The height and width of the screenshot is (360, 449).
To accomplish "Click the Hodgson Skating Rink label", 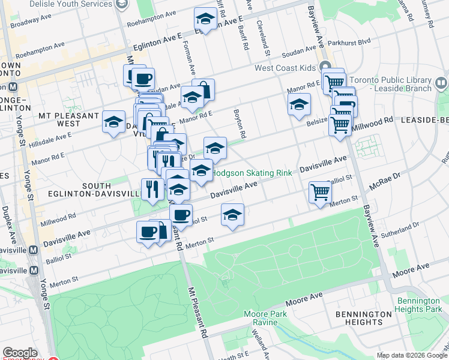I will (x=253, y=173).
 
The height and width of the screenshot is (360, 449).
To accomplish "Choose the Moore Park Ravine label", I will (x=265, y=318).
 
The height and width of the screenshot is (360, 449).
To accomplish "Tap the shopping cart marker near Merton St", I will (x=320, y=192).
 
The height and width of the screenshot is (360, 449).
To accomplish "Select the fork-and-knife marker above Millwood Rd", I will (x=152, y=188).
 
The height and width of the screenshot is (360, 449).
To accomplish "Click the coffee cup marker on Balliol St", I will (x=181, y=214).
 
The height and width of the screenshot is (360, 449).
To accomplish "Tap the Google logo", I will (x=20, y=353).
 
